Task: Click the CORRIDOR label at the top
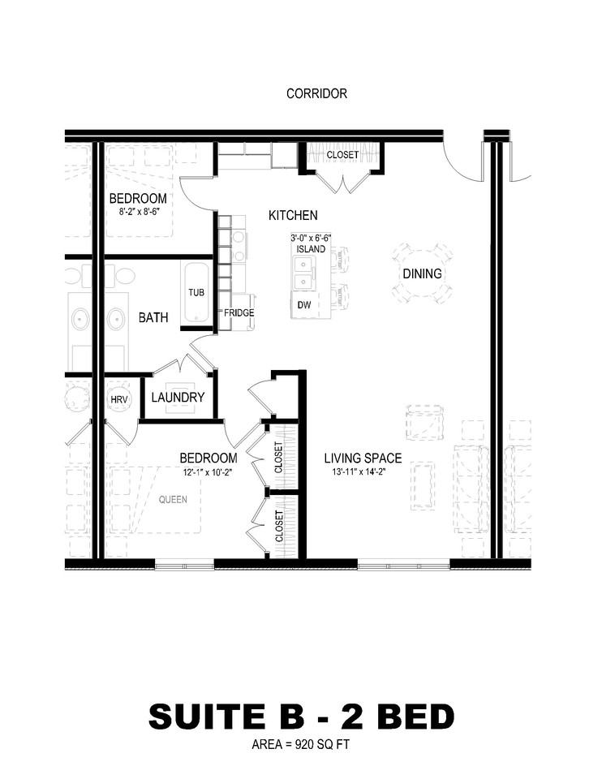316,93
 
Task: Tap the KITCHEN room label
293,215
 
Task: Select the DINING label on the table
422,273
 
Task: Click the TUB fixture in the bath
196,292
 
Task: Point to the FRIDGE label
239,312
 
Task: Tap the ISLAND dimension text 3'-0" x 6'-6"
311,239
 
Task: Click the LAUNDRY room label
178,398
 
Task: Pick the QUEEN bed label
172,499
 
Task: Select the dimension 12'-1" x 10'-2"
208,472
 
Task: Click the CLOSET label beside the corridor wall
342,154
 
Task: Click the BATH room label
153,317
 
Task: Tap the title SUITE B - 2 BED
301,717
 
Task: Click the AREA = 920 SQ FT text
301,744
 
